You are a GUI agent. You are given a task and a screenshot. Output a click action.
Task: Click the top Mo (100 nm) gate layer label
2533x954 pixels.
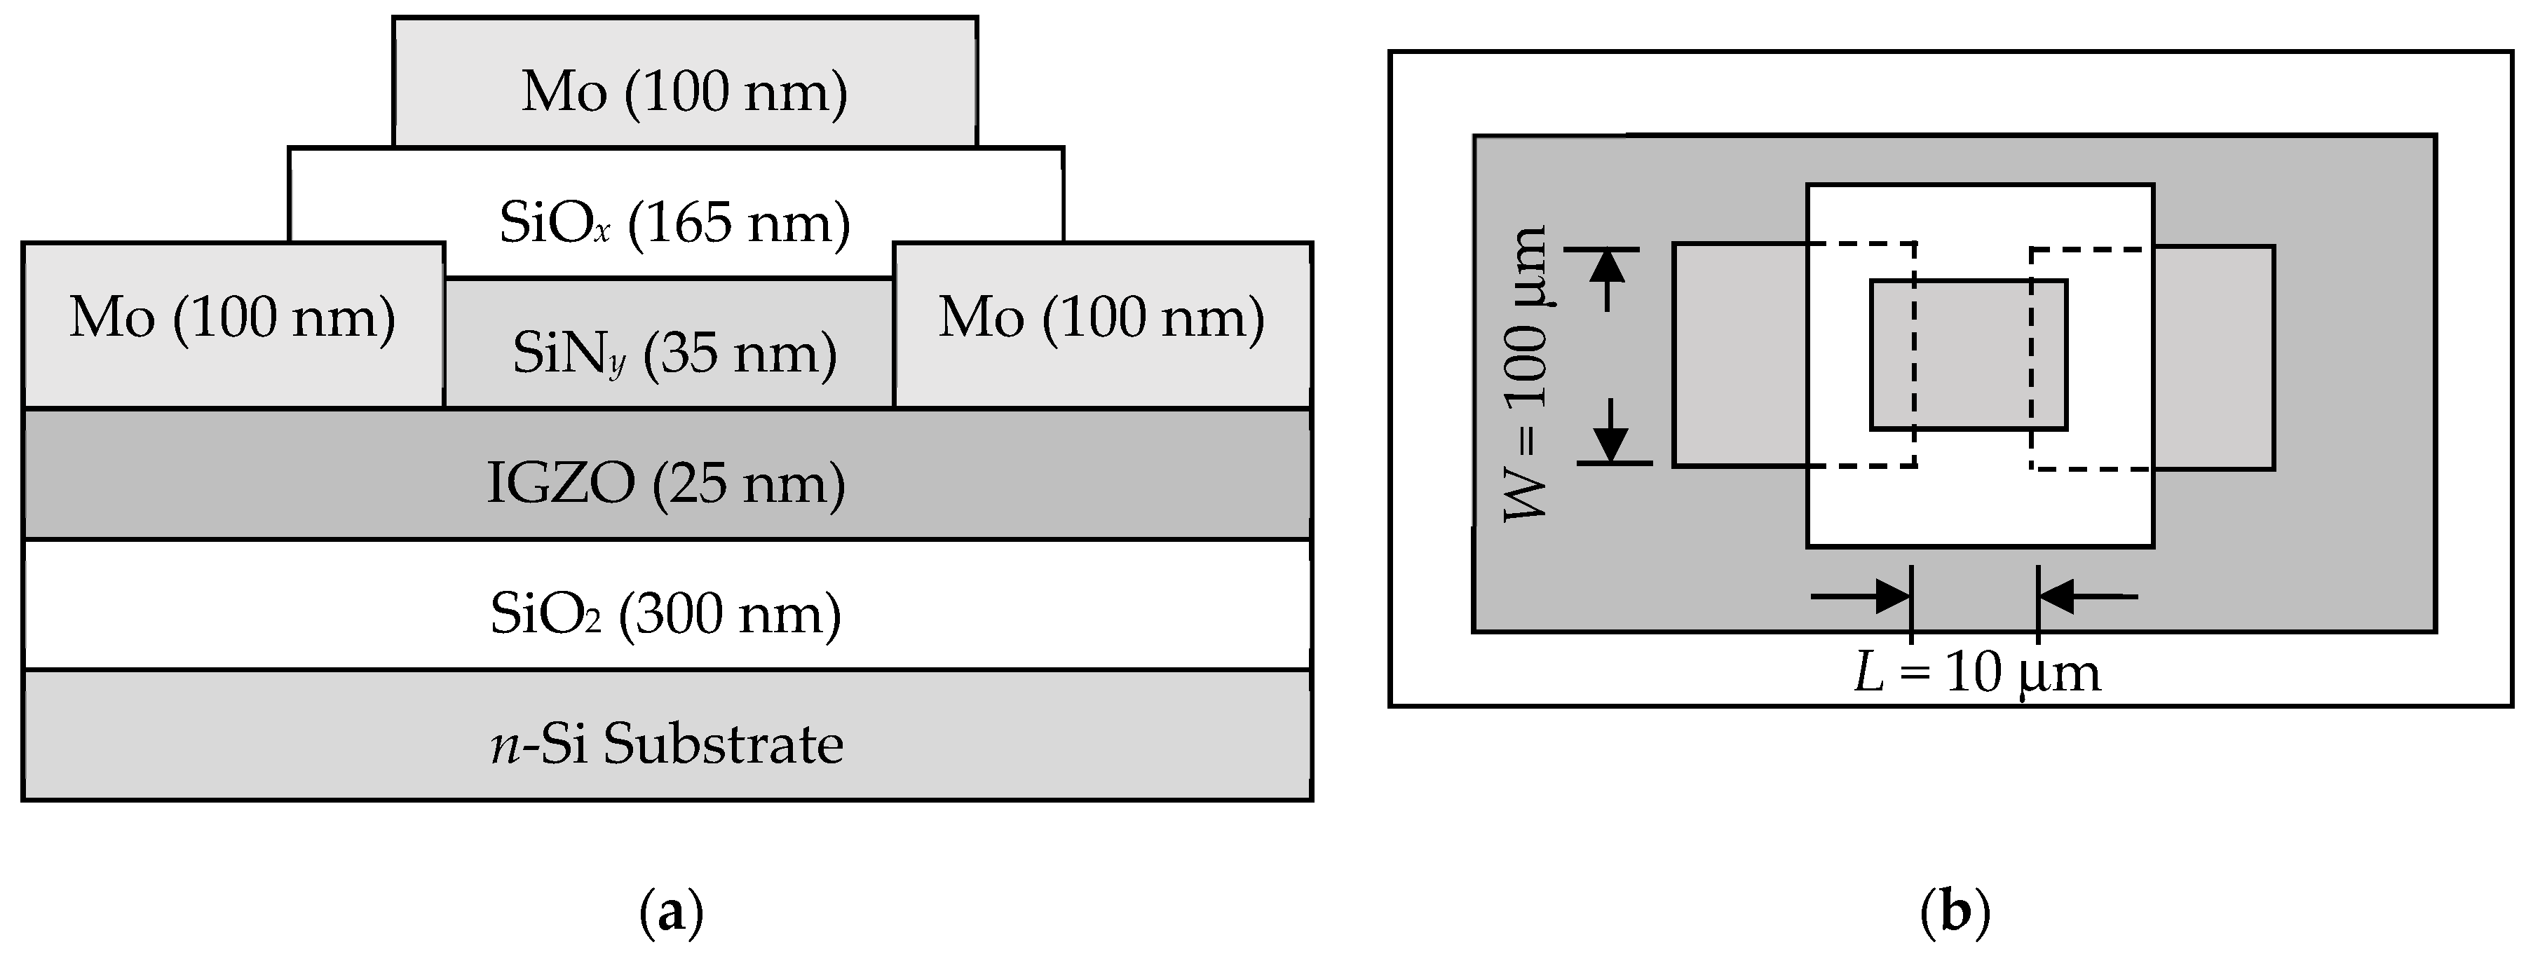tap(684, 93)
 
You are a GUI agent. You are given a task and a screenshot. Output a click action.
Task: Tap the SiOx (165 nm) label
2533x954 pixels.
tap(674, 224)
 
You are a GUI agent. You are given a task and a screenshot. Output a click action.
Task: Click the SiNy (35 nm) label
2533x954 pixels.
tap(674, 353)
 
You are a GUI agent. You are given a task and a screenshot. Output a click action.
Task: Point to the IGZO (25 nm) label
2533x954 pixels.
tap(667, 484)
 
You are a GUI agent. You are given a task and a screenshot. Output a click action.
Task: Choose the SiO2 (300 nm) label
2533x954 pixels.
tap(667, 615)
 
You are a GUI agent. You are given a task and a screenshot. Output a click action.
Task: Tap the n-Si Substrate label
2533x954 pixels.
tap(667, 744)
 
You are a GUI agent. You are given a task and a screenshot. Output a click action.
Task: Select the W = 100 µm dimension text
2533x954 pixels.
tap(1527, 374)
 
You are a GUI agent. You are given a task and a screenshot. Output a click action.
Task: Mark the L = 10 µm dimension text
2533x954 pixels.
tap(1976, 674)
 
